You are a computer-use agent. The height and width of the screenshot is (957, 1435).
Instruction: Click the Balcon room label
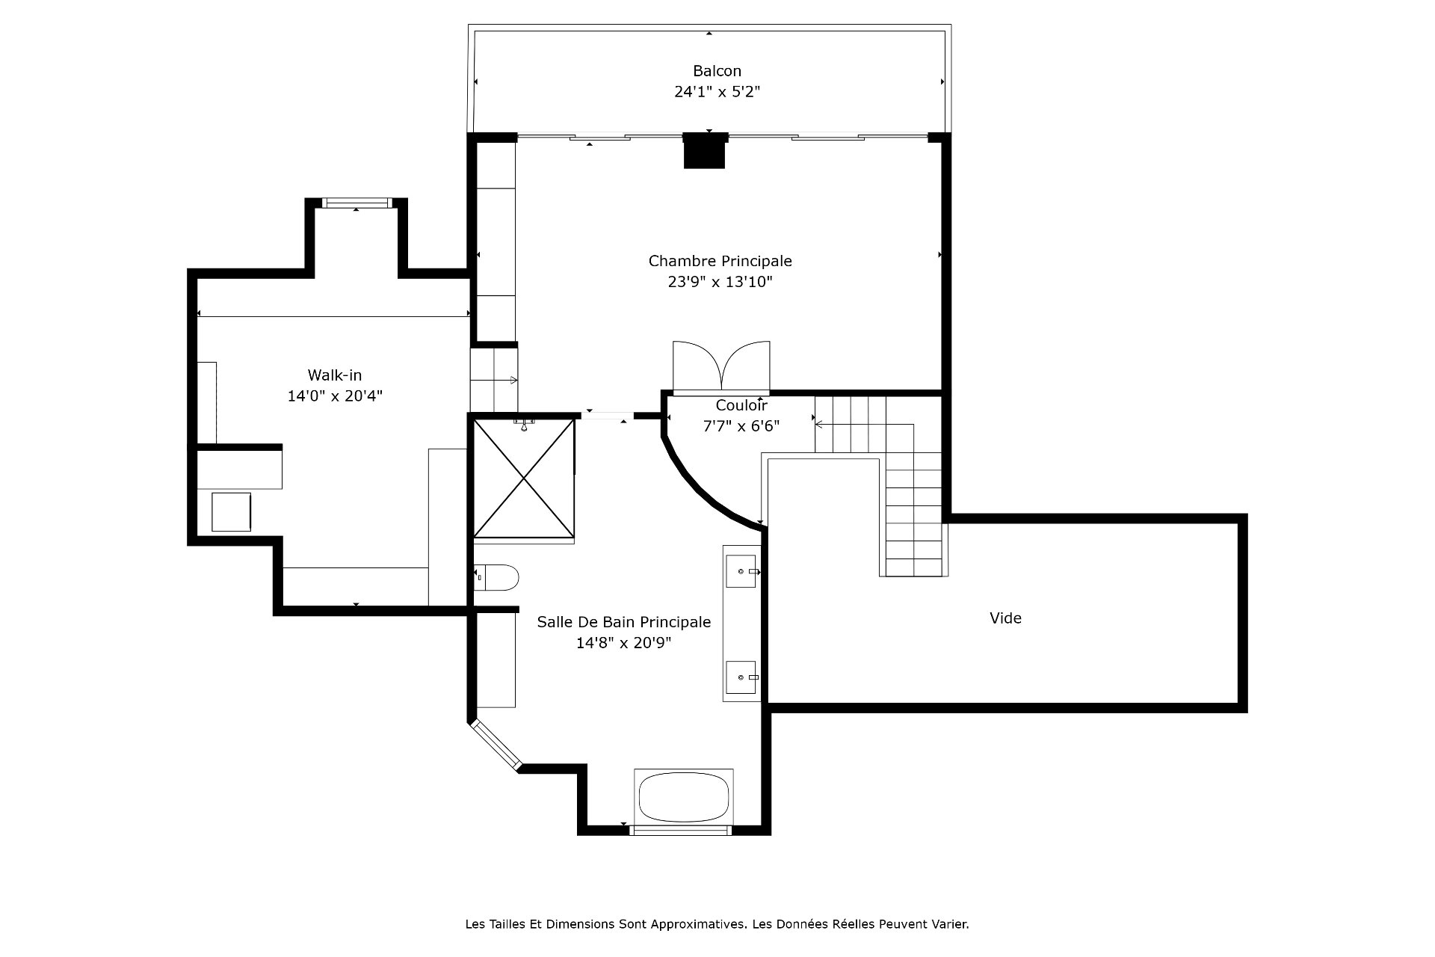point(717,71)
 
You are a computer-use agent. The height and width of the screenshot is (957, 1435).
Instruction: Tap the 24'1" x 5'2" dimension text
point(717,92)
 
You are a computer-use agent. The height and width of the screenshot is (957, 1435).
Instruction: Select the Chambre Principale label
point(720,261)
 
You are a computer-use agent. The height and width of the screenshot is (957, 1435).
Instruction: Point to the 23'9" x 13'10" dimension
point(720,282)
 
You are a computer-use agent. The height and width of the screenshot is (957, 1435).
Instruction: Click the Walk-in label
point(335,375)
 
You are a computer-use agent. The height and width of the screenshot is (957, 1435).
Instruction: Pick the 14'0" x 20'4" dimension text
point(335,396)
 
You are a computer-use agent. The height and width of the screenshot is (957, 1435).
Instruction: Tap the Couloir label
point(741,405)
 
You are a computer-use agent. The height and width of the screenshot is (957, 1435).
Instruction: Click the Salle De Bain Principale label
point(624,622)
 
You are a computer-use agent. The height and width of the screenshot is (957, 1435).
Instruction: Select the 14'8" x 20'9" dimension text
point(624,643)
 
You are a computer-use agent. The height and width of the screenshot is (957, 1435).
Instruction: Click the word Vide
point(1005,618)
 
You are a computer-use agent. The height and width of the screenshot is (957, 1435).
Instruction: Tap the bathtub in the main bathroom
point(684,796)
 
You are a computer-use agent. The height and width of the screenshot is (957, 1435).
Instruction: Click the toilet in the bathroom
point(496,577)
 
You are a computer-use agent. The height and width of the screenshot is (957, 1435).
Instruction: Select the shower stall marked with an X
point(524,478)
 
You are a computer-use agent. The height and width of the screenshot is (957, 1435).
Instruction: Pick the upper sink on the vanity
point(741,571)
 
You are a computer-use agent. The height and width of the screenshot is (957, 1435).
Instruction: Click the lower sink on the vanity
point(741,677)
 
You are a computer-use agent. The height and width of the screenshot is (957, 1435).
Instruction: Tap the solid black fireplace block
point(705,150)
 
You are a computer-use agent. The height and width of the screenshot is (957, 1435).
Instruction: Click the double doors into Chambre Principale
point(721,366)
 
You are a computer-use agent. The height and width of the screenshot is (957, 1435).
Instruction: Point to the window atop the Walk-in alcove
point(357,203)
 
